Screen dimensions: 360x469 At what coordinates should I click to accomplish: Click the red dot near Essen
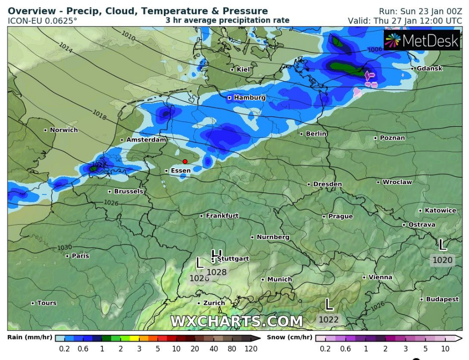185,162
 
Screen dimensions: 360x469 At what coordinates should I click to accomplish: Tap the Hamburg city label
249,98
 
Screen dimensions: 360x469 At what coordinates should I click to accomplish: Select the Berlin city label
316,134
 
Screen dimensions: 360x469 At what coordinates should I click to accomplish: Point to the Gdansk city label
429,68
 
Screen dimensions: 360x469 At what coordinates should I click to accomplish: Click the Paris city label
80,256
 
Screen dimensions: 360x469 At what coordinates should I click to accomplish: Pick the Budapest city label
442,299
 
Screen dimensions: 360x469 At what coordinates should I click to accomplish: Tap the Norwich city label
64,130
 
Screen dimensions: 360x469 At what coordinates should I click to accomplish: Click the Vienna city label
380,277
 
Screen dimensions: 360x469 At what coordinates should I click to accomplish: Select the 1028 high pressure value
217,272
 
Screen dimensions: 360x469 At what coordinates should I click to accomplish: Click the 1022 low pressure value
328,320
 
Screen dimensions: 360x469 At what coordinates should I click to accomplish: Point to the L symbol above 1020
442,245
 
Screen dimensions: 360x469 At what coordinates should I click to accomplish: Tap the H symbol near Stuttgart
217,255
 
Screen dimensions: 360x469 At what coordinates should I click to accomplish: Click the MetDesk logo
421,41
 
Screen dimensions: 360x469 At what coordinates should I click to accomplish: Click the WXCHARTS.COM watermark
236,321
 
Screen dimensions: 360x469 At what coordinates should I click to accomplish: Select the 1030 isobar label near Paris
65,247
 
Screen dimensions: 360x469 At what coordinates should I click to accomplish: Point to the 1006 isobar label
375,49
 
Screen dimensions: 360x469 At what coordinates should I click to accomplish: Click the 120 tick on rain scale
251,349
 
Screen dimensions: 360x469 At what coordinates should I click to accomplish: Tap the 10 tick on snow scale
445,349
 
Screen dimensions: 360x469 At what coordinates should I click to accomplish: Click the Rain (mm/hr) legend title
30,337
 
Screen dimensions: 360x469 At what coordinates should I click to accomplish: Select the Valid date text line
404,21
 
